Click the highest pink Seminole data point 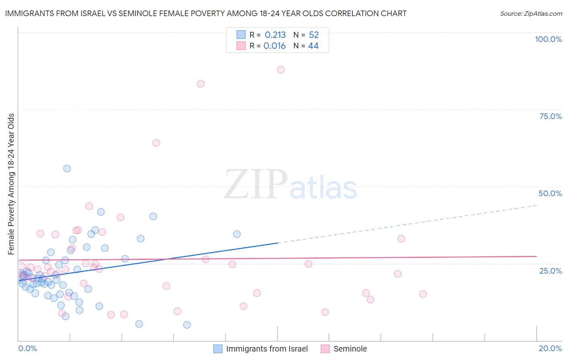click(281, 69)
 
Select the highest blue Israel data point click(67, 168)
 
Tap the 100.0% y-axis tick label click(548, 39)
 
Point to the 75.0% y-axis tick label click(550, 116)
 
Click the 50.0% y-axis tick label click(550, 193)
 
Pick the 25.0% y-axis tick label click(550, 271)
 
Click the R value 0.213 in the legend click(275, 35)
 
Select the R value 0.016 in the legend click(274, 46)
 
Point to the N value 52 click(314, 35)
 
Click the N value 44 click(313, 46)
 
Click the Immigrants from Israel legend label click(267, 349)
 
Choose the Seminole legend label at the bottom click(350, 349)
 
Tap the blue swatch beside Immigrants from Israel click(218, 349)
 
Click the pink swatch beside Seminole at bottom click(325, 349)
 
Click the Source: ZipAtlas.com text click(531, 14)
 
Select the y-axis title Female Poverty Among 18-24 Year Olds click(11, 184)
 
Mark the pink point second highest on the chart click(200, 84)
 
